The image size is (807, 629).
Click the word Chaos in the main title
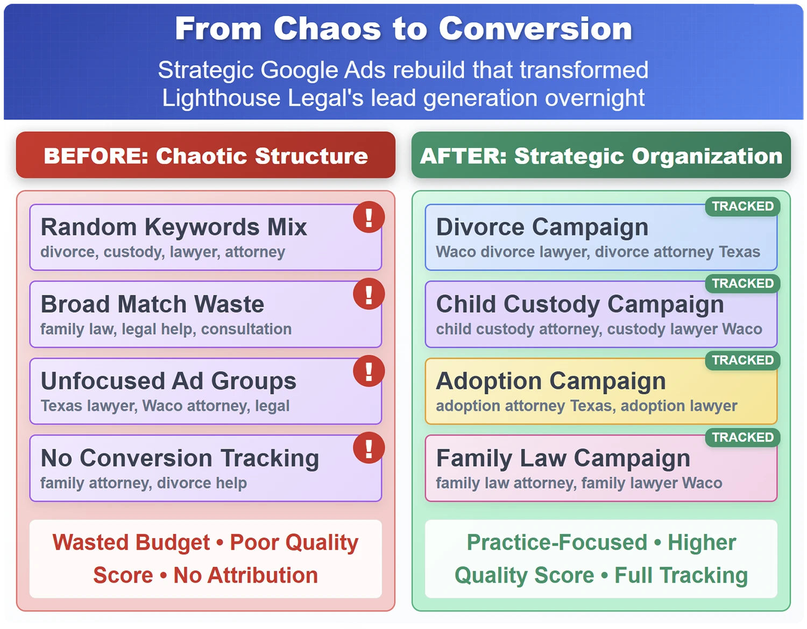tap(327, 29)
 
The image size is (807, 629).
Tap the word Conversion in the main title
tap(535, 29)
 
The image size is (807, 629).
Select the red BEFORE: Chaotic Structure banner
tap(206, 155)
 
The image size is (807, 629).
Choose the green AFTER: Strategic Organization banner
tap(601, 155)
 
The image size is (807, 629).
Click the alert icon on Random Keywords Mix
tap(369, 217)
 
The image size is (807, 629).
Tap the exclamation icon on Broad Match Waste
tap(369, 294)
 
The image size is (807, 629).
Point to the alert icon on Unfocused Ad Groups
tap(369, 371)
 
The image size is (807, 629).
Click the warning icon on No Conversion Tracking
tap(369, 448)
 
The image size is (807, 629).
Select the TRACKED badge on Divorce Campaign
tap(742, 207)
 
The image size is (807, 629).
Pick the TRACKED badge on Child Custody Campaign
tap(742, 284)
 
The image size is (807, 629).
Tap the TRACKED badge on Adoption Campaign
tap(742, 360)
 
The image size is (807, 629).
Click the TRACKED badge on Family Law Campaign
tap(742, 437)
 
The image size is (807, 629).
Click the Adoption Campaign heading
tap(551, 381)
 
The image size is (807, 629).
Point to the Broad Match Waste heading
tap(152, 304)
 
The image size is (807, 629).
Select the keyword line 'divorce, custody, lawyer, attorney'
tap(162, 252)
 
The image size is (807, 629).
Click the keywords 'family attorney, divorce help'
tap(143, 483)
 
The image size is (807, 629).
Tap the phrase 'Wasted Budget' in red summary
tap(131, 542)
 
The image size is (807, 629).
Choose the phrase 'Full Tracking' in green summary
tap(681, 575)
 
